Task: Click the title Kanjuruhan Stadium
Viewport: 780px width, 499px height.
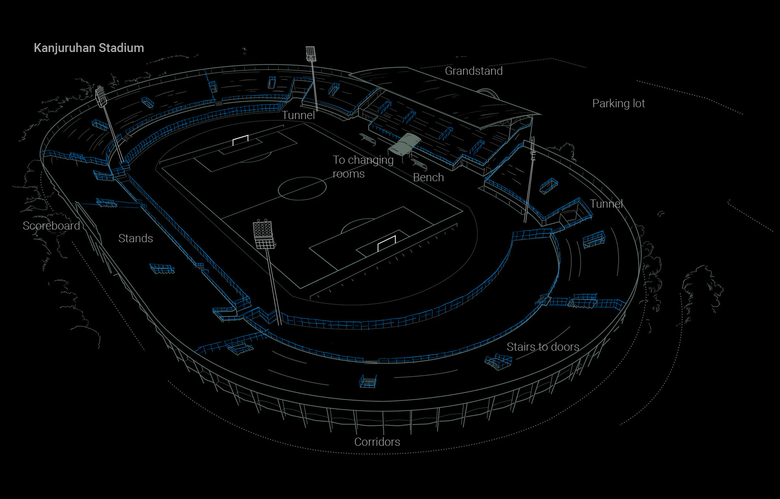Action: coord(89,48)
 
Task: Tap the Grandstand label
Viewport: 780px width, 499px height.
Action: coord(474,71)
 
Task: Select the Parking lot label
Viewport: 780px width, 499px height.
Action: coord(618,104)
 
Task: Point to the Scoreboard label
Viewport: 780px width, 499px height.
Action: coord(51,226)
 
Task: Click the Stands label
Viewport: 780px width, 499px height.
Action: coord(136,239)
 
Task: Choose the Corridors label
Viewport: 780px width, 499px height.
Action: coord(377,442)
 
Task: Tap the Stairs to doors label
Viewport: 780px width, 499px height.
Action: coord(543,347)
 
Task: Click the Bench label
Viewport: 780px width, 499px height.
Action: coord(428,178)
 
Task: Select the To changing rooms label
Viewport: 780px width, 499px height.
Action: coord(363,167)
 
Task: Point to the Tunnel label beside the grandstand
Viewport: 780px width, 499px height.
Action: coord(299,115)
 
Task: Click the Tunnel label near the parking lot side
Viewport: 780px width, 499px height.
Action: coord(606,204)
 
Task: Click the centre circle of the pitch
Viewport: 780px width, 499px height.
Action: coord(302,188)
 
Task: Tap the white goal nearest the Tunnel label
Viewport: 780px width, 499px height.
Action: coord(240,140)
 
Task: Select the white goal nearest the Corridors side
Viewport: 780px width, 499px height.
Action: coord(386,243)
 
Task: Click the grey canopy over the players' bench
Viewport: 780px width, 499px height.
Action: coord(405,144)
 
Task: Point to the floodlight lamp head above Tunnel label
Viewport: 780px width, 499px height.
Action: coord(311,54)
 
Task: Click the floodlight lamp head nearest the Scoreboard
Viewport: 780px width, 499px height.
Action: coord(101,96)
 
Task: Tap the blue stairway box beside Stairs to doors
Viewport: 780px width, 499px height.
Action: coord(498,361)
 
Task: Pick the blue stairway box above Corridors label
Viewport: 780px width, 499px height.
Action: coord(368,381)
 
